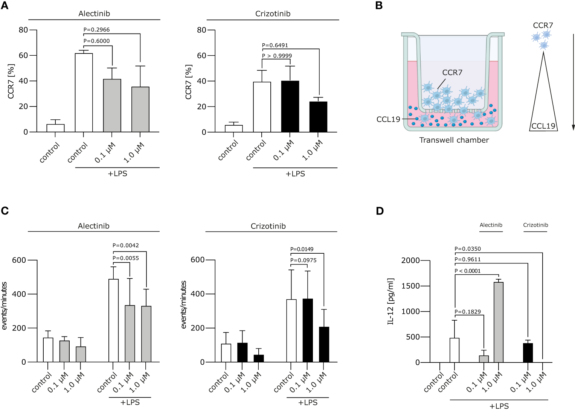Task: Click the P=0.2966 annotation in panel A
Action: coord(96,30)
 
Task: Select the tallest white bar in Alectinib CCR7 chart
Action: coord(84,93)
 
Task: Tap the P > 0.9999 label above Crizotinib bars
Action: coord(277,56)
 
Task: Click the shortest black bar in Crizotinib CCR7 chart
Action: coord(318,117)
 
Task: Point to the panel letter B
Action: coord(379,6)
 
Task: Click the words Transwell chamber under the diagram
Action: coord(454,140)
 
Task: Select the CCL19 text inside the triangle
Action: coord(543,126)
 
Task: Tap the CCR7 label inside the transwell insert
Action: coord(452,72)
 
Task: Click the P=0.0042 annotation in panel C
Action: coord(125,245)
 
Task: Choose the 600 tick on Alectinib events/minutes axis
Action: coord(19,260)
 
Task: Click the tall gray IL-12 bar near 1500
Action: coord(499,322)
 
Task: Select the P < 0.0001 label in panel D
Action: coord(467,271)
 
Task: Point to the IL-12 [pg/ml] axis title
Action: coord(390,301)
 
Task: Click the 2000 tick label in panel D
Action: coord(410,260)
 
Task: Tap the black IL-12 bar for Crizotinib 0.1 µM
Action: coord(528,353)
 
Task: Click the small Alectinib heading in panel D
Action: coord(491,225)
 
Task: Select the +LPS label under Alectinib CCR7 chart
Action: coord(117,174)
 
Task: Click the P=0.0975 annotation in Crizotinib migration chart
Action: coord(303,260)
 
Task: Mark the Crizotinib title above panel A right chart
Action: coord(273,14)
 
